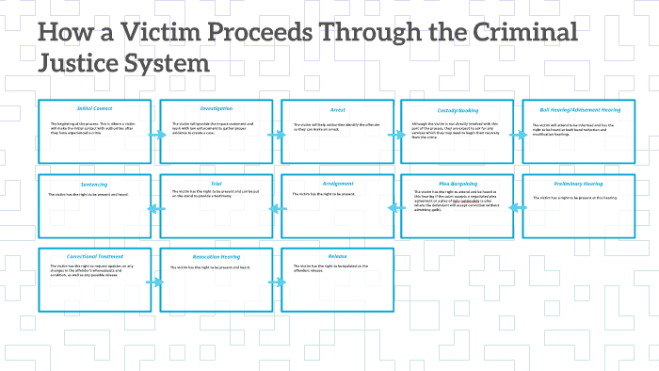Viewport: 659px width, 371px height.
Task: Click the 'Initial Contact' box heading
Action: [95, 108]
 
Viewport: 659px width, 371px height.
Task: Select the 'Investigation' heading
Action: [217, 108]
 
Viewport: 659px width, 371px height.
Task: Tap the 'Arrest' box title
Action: [337, 108]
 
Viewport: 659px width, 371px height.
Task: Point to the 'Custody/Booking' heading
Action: [458, 108]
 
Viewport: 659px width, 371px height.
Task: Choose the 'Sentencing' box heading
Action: [95, 183]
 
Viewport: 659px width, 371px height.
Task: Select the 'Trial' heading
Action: [217, 183]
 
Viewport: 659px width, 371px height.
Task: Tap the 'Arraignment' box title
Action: [337, 183]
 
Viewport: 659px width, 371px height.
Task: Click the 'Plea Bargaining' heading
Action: [458, 183]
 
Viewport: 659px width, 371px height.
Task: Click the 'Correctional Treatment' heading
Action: [95, 256]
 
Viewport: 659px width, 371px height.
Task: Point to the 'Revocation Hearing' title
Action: [217, 256]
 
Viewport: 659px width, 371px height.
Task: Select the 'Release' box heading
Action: [337, 256]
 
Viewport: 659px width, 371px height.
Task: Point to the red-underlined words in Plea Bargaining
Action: [467, 201]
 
